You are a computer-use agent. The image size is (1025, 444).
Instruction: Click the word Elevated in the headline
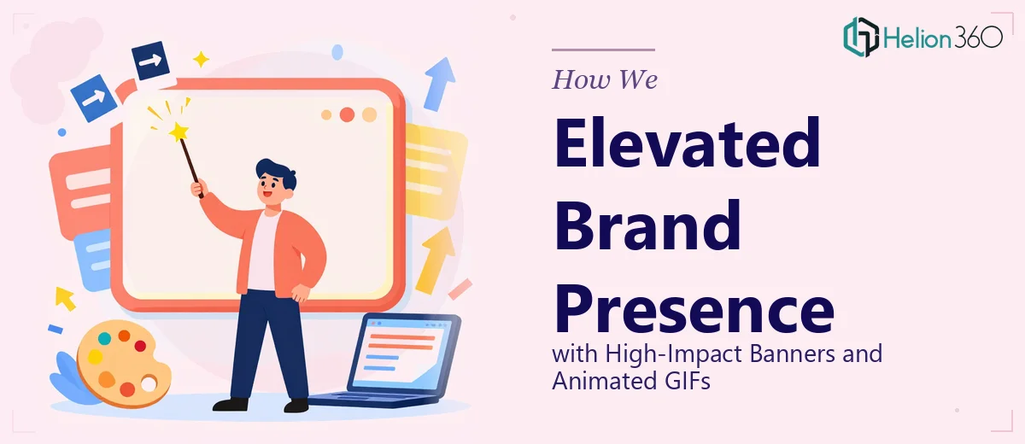point(688,143)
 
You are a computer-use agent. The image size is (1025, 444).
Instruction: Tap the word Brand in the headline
point(647,226)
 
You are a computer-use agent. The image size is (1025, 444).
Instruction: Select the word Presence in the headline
point(694,310)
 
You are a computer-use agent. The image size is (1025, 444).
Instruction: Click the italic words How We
point(605,79)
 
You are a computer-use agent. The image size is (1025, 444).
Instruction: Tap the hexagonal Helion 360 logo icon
point(861,37)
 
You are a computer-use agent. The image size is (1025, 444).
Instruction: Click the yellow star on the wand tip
point(178,131)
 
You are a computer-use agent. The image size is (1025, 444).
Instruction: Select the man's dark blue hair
point(277,172)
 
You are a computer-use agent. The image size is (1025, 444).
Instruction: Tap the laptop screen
point(401,353)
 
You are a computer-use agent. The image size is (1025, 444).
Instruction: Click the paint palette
point(124,364)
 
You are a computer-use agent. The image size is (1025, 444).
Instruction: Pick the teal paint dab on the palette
point(105,338)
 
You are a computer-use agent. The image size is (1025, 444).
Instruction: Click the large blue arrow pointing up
point(439,85)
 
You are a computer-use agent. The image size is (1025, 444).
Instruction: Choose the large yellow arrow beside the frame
point(434,260)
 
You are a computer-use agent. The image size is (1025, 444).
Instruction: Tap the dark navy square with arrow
point(150,61)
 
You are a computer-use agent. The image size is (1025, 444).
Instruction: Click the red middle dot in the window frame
point(347,114)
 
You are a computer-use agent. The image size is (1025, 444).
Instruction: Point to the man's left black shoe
point(231,404)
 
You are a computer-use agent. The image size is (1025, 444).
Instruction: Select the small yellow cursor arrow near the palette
point(65,299)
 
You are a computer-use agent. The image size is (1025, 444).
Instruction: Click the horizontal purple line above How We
point(604,50)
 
